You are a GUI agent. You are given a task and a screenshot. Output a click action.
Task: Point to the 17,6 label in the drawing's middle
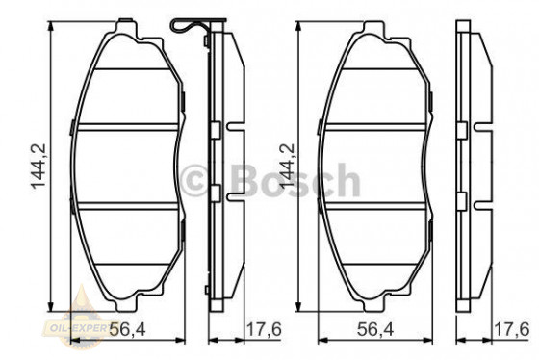tap(262, 330)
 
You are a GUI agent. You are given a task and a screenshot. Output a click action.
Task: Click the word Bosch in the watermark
tap(293, 180)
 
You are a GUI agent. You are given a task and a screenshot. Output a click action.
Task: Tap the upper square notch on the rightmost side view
tap(464, 126)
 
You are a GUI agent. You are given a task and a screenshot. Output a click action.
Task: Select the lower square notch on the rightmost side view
tap(464, 200)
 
